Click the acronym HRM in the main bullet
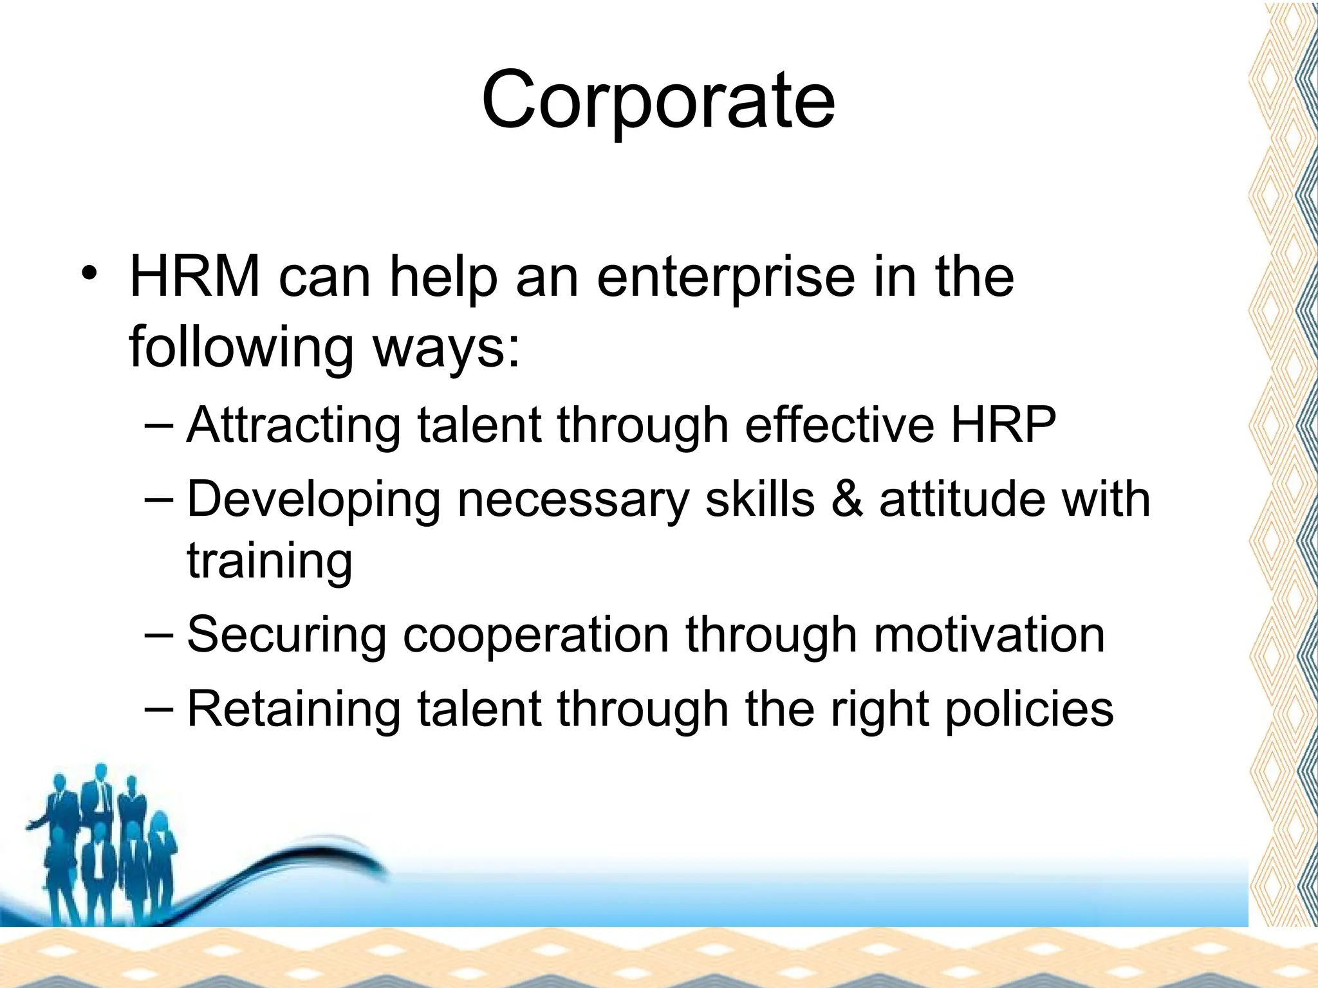click(x=195, y=277)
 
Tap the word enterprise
click(x=726, y=279)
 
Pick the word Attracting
click(x=293, y=426)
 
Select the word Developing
click(x=313, y=500)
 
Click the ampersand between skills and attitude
click(x=847, y=499)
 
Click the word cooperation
click(x=535, y=636)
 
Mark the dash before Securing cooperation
click(x=159, y=633)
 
